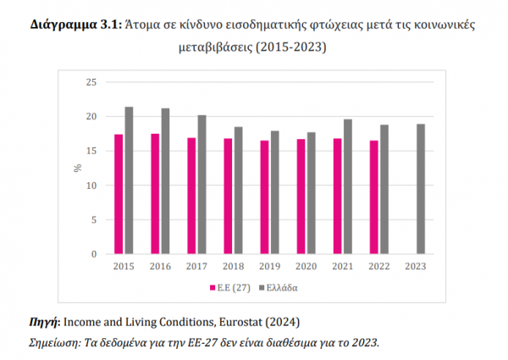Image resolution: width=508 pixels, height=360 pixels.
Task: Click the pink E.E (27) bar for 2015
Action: (119, 194)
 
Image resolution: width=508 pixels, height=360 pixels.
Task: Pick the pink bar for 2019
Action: (265, 197)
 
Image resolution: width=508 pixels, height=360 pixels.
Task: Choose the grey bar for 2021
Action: (348, 186)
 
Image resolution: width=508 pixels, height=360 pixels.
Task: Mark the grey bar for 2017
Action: (202, 185)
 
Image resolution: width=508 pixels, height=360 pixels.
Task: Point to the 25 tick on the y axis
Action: (93, 82)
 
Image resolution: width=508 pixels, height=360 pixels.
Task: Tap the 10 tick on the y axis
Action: (93, 186)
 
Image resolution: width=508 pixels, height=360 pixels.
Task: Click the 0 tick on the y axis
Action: (96, 254)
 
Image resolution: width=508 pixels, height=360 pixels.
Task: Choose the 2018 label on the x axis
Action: (234, 266)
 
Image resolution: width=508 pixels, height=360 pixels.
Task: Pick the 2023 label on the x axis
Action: (417, 266)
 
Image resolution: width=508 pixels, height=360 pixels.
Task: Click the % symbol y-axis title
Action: (77, 169)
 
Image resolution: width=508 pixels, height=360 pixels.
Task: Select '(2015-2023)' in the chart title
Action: (290, 48)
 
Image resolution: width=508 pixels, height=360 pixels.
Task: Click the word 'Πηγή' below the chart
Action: (44, 323)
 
